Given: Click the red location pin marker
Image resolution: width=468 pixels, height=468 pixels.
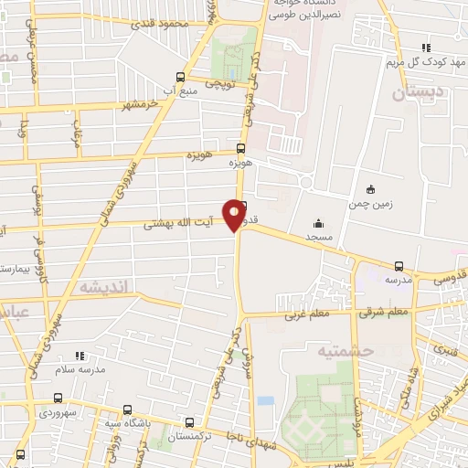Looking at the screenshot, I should (235, 214).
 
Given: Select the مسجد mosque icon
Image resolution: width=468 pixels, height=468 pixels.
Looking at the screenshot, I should (318, 223).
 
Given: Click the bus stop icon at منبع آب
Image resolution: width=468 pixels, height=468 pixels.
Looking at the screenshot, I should (179, 77).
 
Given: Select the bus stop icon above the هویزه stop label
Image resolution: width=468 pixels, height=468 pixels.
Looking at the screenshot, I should (241, 148).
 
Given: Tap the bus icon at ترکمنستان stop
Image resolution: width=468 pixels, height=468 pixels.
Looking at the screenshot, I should (189, 422).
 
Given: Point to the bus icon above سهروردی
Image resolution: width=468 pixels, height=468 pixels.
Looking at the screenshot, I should (59, 398).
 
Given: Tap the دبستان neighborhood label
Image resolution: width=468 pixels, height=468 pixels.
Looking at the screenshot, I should (418, 92).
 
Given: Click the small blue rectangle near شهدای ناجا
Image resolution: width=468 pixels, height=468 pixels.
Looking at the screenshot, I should (265, 400).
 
